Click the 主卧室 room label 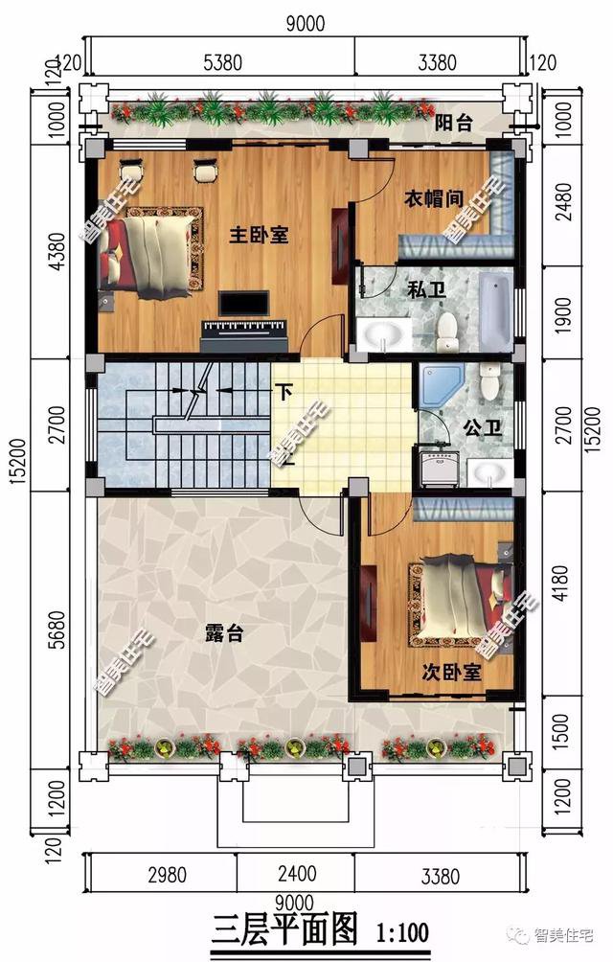click(x=259, y=235)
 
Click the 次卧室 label click(x=451, y=673)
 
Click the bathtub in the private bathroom click(x=493, y=312)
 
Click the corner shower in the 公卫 click(x=440, y=387)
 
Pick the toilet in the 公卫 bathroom click(x=490, y=383)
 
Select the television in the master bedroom click(x=242, y=304)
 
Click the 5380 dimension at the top click(x=222, y=64)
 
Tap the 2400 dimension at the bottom click(x=295, y=875)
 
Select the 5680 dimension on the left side click(x=59, y=631)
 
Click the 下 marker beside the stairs click(x=284, y=391)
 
